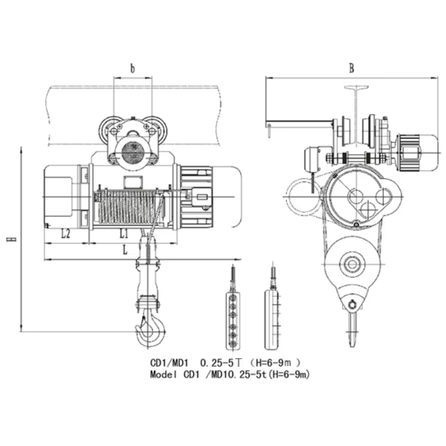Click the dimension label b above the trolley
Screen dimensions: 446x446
133,68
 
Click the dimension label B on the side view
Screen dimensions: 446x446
351,68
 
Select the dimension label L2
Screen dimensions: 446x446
66,233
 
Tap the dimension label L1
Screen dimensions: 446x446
124,233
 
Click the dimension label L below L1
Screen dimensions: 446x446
125,250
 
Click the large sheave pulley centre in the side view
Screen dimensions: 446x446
352,264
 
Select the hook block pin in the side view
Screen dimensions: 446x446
352,304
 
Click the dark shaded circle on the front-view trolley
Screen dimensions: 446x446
133,152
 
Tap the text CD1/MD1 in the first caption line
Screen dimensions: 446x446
169,363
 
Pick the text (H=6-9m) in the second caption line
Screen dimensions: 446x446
289,375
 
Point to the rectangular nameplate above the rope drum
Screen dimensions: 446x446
133,182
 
